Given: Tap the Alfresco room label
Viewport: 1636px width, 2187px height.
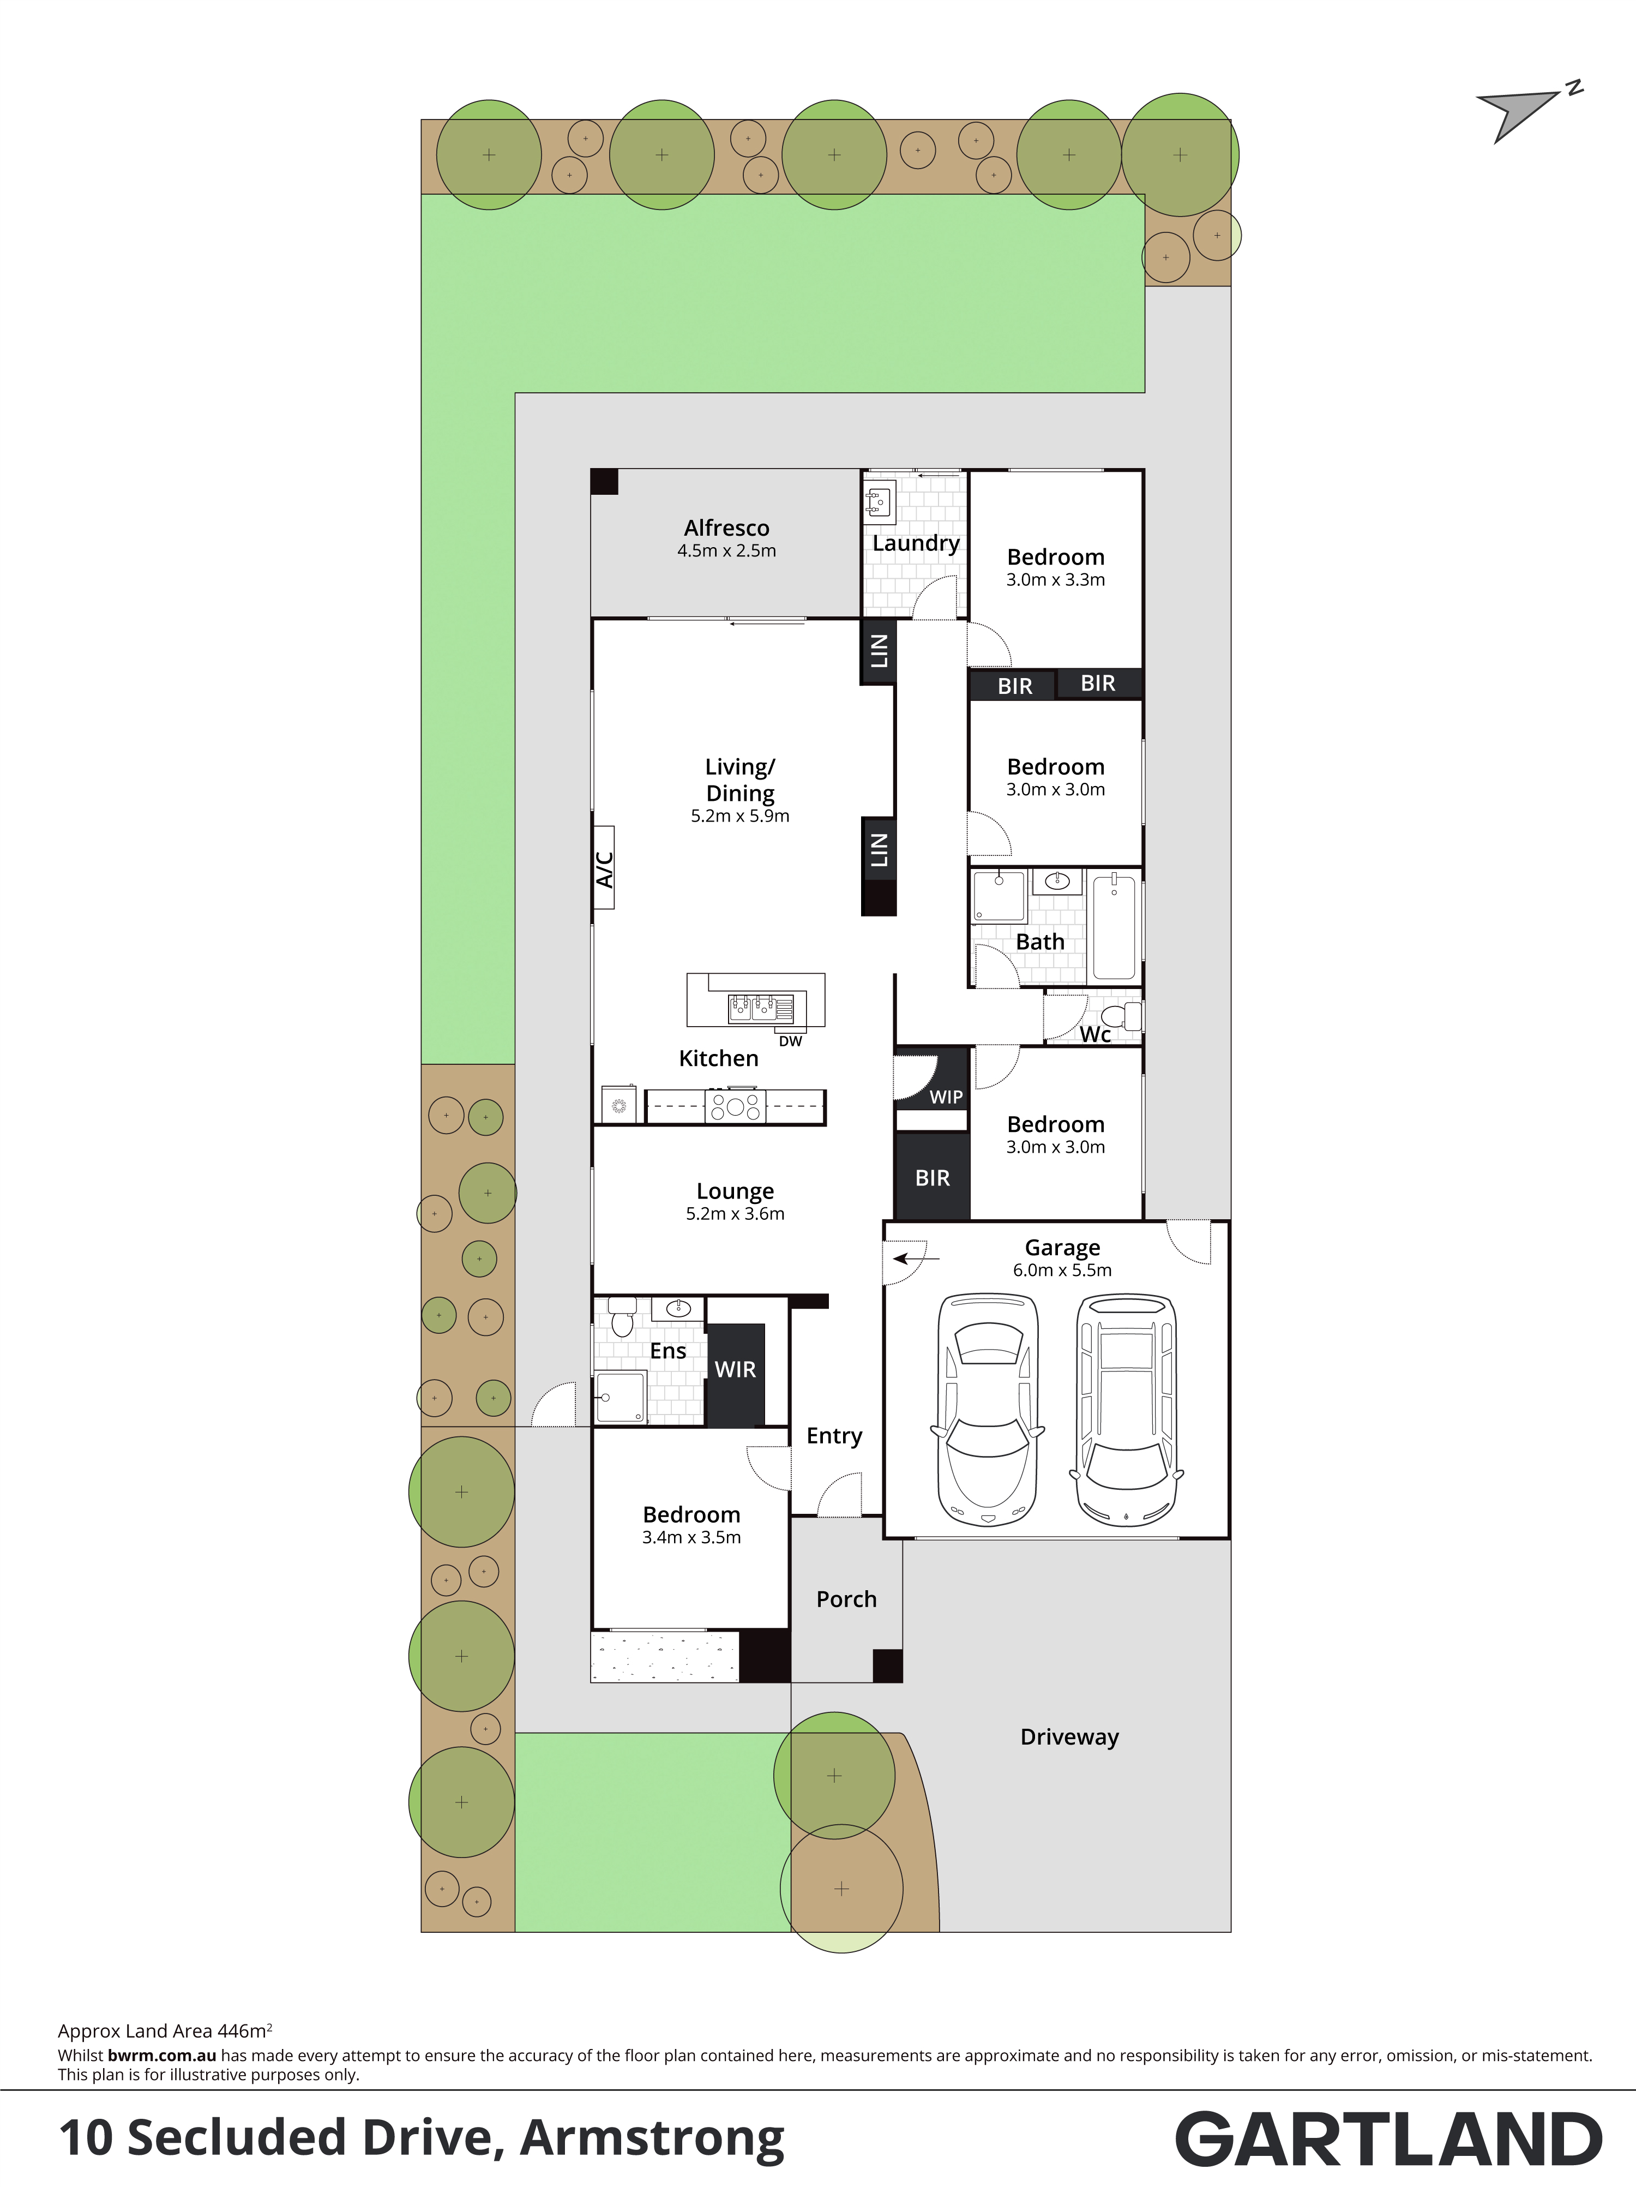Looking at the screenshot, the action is coord(726,528).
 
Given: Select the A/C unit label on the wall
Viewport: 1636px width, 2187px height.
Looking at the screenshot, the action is coord(604,868).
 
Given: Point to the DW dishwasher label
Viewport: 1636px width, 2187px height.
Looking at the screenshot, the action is coord(790,1041).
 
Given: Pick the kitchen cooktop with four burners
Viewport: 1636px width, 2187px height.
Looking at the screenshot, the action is coord(735,1105).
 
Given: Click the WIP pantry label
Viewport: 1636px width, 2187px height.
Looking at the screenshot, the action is coord(946,1097).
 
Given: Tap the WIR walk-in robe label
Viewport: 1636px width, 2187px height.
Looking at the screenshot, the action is coord(736,1369).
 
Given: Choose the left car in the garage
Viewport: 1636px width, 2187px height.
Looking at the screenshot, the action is coord(988,1409).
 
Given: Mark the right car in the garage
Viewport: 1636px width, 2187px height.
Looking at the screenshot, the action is coord(1126,1410).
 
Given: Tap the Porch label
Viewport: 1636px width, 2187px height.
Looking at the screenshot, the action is coord(846,1599).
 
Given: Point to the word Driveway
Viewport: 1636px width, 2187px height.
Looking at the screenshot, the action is coord(1069,1737).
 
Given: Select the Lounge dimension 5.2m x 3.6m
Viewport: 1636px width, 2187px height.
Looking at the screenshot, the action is coord(736,1214).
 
